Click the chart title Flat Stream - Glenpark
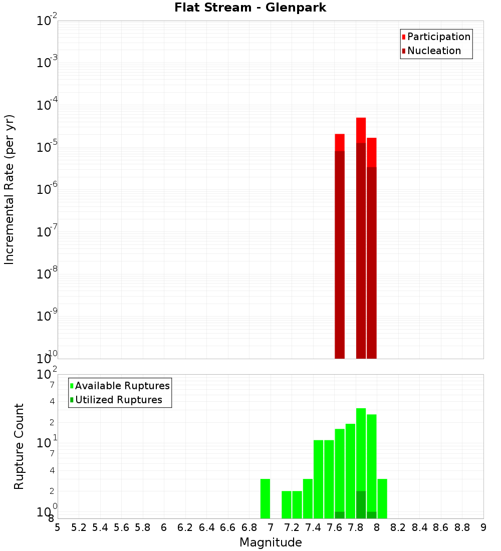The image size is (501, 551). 250,8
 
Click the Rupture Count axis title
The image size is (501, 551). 19,446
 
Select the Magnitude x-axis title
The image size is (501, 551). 271,542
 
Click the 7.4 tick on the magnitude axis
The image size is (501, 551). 313,527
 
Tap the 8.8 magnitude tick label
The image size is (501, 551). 462,527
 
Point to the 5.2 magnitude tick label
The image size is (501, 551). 79,527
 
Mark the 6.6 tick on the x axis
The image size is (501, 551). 228,527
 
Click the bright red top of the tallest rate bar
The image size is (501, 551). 361,130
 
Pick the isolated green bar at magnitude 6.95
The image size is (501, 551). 265,498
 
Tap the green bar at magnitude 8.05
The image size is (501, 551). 382,498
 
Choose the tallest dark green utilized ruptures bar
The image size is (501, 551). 361,504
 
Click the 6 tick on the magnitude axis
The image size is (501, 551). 164,527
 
